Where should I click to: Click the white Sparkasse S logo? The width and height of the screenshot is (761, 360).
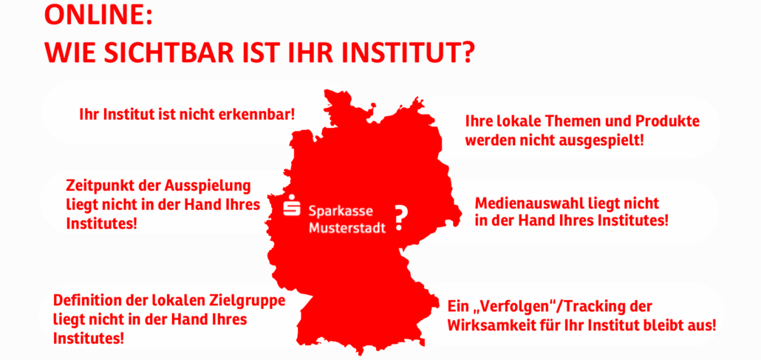point(292,208)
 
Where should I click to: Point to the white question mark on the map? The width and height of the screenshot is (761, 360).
point(401,217)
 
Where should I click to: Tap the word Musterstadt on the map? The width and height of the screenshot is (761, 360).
point(347,228)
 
